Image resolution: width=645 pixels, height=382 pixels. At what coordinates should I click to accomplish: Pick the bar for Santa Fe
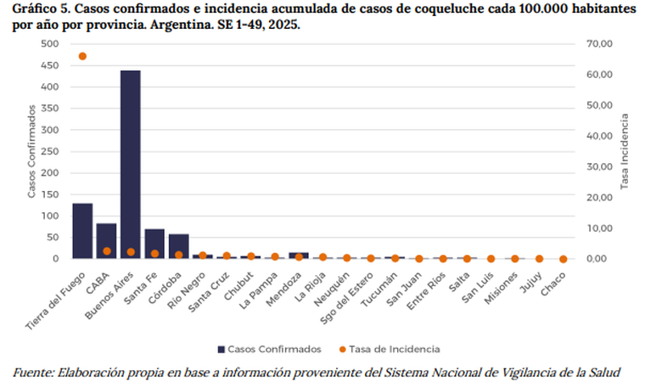point(154,244)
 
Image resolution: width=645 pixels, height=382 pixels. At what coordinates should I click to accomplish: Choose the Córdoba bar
point(178,246)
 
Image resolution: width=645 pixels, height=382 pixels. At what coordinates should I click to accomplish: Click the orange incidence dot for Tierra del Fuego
point(82,56)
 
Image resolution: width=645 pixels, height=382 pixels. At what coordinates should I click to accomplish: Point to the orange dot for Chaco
point(564,259)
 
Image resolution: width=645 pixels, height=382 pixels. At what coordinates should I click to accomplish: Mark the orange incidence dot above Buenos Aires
point(131,252)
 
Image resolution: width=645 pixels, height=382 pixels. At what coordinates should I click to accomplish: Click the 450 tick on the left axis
point(50,65)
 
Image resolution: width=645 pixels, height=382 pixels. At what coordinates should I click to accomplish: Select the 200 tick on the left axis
point(50,173)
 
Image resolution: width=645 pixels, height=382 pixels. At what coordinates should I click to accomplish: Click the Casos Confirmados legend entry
point(269,349)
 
